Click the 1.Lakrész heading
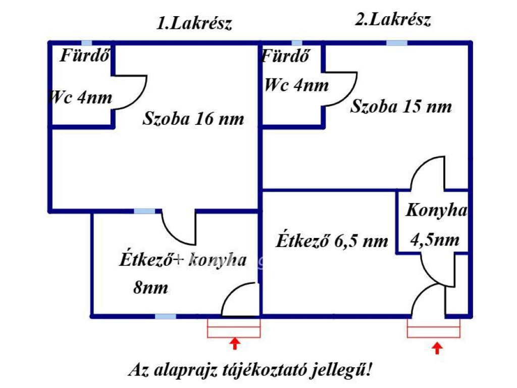coord(194,24)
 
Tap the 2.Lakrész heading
coord(392,20)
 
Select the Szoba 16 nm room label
coord(193,119)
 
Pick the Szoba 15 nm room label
coord(401,107)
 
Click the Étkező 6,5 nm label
coord(332,241)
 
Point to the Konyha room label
coord(437,211)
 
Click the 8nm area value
coord(150,288)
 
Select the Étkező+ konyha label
coord(183,260)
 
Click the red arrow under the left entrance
coord(234,344)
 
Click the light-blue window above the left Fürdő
coord(87,43)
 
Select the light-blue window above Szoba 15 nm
coord(397,43)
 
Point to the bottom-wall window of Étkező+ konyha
coord(165,316)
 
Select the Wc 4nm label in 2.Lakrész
coord(296,85)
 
